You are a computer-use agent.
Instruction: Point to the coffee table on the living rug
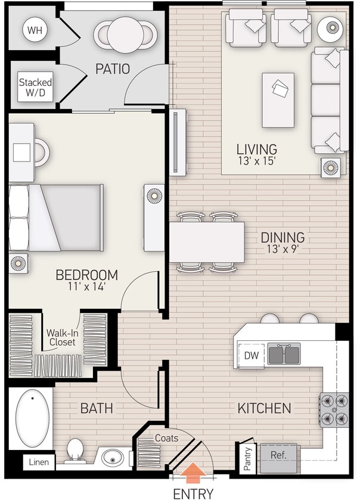[278, 100]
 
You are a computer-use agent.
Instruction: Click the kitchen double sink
[284, 354]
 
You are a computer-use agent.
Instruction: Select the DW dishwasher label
[251, 355]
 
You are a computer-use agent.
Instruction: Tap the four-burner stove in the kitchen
[334, 410]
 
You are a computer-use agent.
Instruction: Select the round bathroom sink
[113, 458]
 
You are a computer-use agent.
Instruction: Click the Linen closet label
[39, 462]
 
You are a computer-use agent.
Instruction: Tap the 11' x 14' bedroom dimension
[86, 287]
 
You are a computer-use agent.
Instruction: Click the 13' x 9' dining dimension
[283, 250]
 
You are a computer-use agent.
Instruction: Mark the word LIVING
[256, 149]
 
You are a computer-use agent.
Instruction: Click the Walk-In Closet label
[63, 338]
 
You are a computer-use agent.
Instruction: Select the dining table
[207, 242]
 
